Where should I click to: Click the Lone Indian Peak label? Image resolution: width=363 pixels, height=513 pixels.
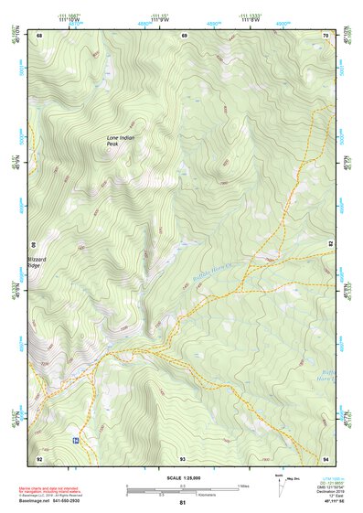[x=119, y=141]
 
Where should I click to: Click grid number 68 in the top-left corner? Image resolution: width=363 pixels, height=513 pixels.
[x=39, y=35]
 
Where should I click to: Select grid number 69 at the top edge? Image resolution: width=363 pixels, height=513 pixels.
[x=184, y=35]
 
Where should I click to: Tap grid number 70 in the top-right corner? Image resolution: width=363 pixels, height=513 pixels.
[x=326, y=35]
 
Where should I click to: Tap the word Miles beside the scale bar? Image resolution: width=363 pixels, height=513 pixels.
[x=243, y=486]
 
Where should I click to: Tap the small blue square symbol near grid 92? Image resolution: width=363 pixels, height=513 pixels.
[x=74, y=440]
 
